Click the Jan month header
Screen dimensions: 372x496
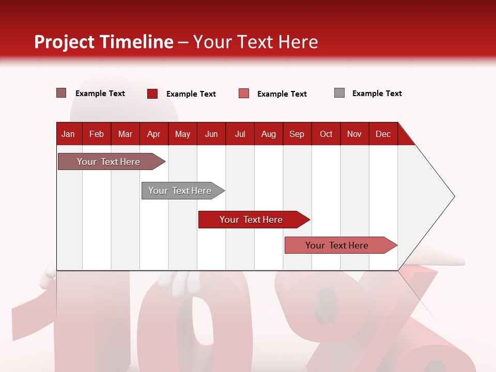click(x=68, y=134)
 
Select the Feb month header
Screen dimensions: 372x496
click(x=97, y=134)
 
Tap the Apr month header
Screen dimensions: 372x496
click(x=153, y=134)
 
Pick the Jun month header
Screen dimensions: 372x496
click(x=211, y=134)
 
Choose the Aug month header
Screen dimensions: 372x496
click(x=268, y=134)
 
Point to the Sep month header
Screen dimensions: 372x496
click(x=297, y=134)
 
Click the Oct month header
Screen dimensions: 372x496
click(x=326, y=134)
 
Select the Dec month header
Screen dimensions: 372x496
click(x=383, y=134)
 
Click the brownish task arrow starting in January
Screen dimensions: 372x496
click(x=109, y=162)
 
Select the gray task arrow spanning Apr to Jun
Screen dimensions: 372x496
click(x=180, y=191)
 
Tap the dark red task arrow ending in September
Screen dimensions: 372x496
click(x=252, y=220)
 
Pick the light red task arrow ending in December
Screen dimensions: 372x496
click(x=337, y=245)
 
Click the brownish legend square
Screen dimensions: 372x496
click(x=61, y=93)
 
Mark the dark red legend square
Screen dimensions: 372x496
click(x=152, y=94)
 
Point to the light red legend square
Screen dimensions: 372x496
click(x=244, y=94)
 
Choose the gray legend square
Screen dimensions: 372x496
click(x=339, y=93)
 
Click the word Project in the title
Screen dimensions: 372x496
click(x=65, y=42)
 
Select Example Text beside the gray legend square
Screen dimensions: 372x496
click(x=377, y=94)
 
